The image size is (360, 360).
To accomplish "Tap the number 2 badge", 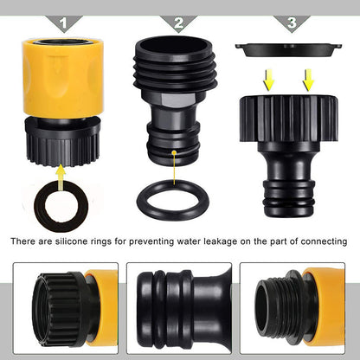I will click(178, 23).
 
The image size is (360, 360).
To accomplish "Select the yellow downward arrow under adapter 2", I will click(178, 158).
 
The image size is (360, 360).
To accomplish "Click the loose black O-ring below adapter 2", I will click(178, 201).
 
